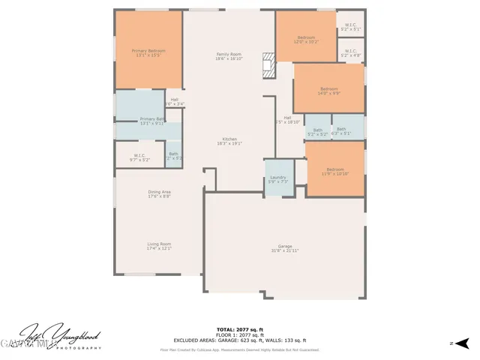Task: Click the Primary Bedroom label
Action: pyautogui.click(x=148, y=52)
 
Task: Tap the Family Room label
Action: pyautogui.click(x=229, y=56)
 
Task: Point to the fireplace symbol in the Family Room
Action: pyautogui.click(x=268, y=65)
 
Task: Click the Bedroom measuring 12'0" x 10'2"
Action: pyautogui.click(x=306, y=39)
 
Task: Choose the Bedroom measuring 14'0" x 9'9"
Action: pyautogui.click(x=328, y=90)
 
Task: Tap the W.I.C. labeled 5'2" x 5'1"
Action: pyautogui.click(x=350, y=27)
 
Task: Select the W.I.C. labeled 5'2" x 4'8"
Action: pyautogui.click(x=350, y=54)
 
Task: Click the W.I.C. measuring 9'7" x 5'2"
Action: pyautogui.click(x=140, y=157)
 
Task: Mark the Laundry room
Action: pyautogui.click(x=278, y=180)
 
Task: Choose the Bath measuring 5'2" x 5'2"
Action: pyautogui.click(x=318, y=132)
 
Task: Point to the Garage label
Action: pyautogui.click(x=285, y=248)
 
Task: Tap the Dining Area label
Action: pyautogui.click(x=159, y=194)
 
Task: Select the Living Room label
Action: pyautogui.click(x=159, y=246)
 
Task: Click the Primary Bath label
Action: pyautogui.click(x=151, y=121)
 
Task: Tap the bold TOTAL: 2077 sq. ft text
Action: pyautogui.click(x=240, y=330)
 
